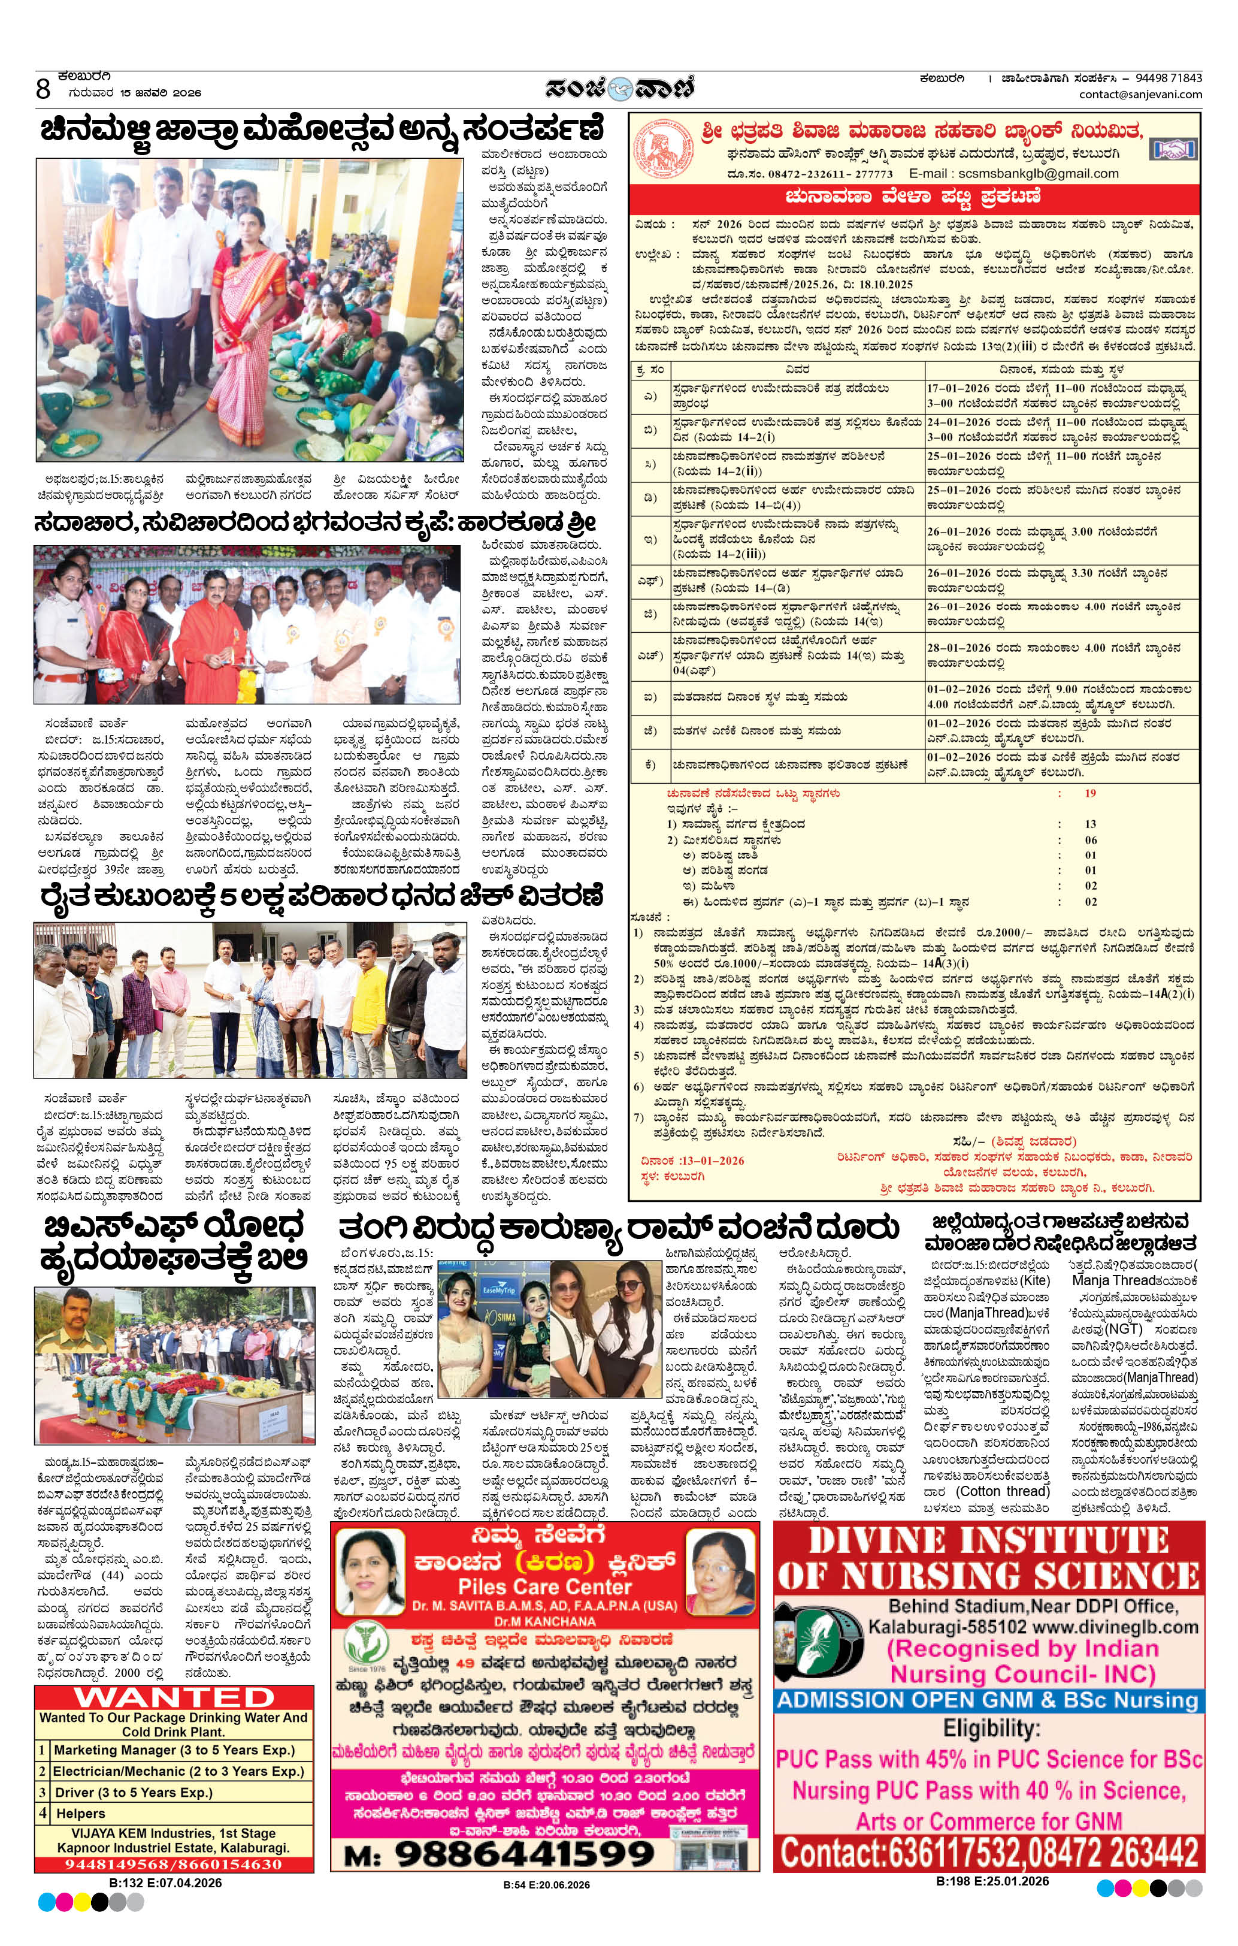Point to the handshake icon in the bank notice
(1173, 149)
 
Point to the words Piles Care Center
(544, 1585)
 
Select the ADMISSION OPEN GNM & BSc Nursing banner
(988, 1700)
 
